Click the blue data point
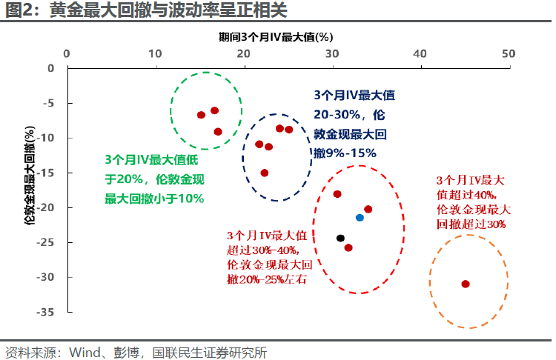360,218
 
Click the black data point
340,238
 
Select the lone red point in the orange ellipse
466,284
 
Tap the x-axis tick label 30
332,54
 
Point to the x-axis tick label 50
509,54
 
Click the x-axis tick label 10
155,54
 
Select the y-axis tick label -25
45,242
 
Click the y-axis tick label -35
45,312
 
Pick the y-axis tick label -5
49,103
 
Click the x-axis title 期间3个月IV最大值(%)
276,37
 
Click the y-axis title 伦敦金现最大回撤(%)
30,176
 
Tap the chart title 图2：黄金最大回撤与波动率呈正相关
146,10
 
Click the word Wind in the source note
85,353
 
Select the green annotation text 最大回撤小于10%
154,199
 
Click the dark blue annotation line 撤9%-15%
345,153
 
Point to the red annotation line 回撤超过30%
471,224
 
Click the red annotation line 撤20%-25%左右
267,279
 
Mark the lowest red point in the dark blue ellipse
265,173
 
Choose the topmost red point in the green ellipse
214,110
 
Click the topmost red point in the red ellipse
337,194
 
